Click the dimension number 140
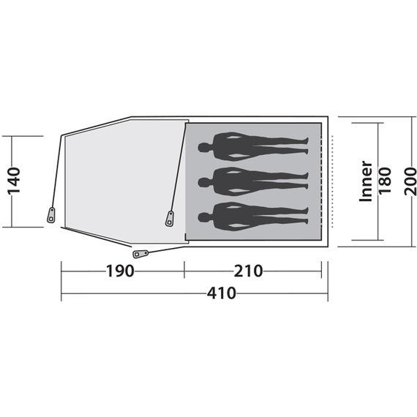(x=14, y=181)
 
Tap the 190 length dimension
(x=120, y=271)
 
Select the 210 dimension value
(x=248, y=271)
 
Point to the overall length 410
(x=222, y=293)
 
